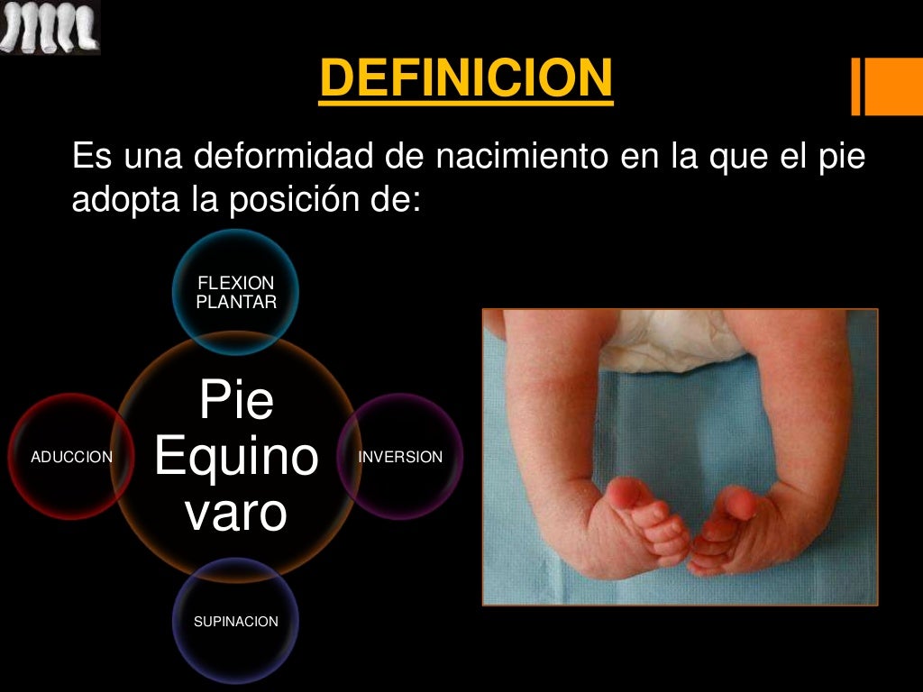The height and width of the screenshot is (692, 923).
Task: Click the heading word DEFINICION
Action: point(466,78)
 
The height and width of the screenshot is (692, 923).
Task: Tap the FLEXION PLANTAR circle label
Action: point(236,294)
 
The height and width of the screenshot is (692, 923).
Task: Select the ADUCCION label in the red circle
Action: point(71,458)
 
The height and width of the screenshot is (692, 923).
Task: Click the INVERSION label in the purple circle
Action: point(400,458)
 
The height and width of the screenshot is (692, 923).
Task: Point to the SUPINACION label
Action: point(236,622)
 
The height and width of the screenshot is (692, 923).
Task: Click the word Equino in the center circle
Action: point(236,458)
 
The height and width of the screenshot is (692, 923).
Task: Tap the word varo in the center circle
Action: point(236,512)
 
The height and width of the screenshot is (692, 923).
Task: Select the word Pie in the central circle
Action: point(236,400)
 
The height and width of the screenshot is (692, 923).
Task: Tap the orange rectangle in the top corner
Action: point(895,86)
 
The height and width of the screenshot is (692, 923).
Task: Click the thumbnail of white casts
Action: point(50,27)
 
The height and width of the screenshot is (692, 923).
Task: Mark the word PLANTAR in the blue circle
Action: point(236,303)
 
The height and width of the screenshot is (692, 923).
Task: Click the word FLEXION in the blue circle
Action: point(236,285)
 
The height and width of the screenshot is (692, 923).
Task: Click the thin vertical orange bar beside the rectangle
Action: point(855,86)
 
